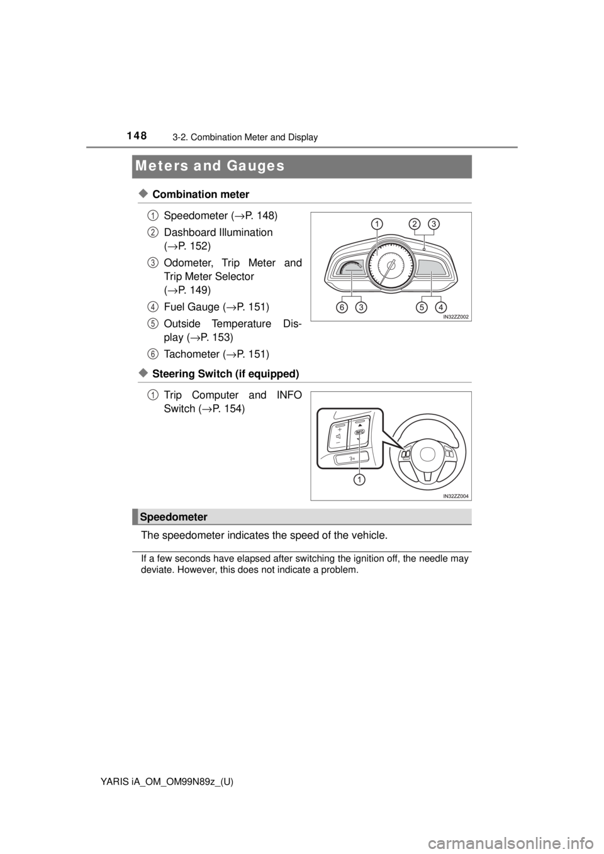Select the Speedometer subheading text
[174, 516]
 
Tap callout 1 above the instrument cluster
[376, 223]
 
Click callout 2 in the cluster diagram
[414, 223]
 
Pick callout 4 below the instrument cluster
[441, 308]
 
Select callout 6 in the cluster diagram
[341, 308]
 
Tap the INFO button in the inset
[360, 433]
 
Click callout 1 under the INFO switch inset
[359, 480]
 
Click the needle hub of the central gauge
[390, 267]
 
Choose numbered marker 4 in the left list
[153, 307]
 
